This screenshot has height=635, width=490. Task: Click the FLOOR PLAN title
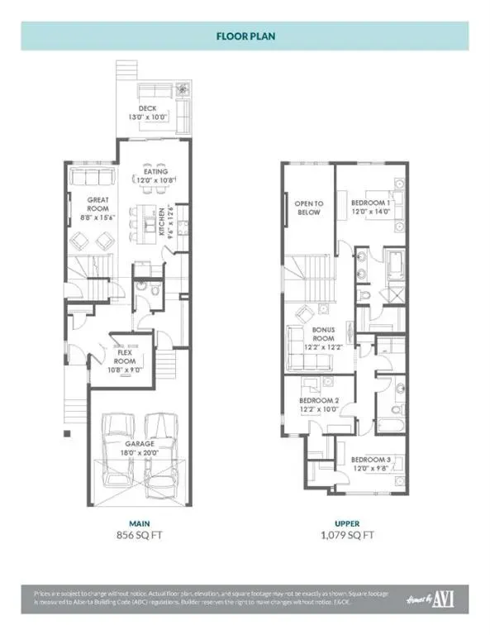[245, 37]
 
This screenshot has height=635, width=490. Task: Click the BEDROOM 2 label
[318, 405]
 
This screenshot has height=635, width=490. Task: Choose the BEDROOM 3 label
[369, 463]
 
